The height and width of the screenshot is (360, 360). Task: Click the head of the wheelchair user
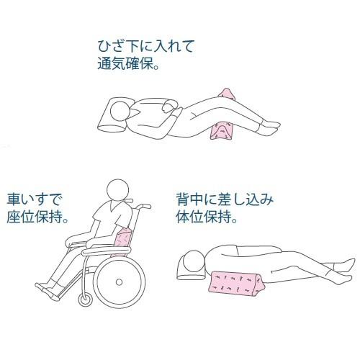point(115,192)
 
